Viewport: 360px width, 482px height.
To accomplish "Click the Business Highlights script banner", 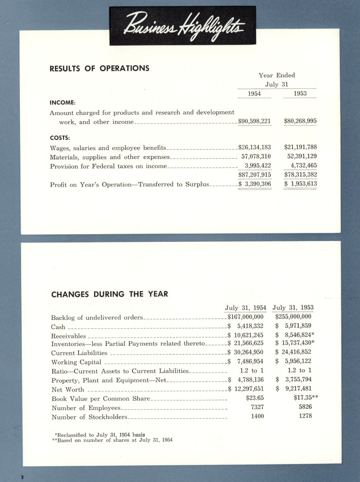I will click(183, 25).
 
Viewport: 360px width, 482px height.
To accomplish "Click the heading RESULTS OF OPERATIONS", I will click(99, 68).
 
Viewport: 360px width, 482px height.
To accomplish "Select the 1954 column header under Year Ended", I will click(254, 93).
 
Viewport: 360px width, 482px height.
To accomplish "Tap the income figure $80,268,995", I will click(300, 121).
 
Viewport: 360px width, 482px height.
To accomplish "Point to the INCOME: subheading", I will click(62, 102).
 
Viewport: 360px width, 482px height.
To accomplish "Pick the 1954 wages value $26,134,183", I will click(254, 147).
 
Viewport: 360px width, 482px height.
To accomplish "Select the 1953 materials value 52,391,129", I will click(301, 157).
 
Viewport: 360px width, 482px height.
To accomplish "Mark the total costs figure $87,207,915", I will click(254, 175).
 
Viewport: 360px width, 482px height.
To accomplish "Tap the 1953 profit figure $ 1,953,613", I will click(300, 184).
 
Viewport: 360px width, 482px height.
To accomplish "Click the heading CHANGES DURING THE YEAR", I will click(109, 294).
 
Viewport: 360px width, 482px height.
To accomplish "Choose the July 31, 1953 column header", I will click(293, 308).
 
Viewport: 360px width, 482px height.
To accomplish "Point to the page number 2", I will click(22, 476).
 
